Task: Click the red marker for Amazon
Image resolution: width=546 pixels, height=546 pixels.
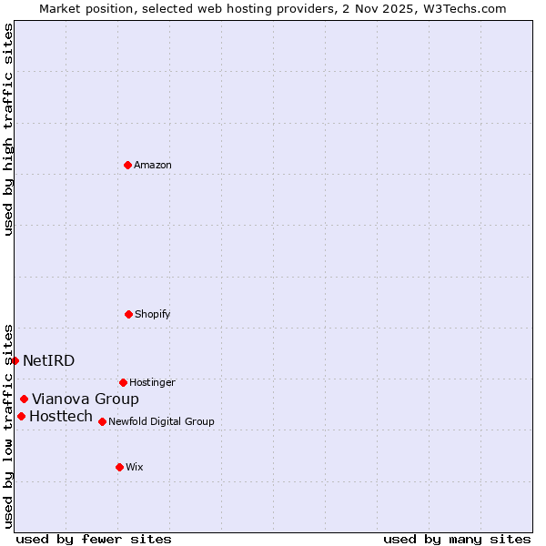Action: click(127, 165)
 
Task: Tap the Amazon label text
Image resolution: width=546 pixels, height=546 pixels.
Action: click(153, 166)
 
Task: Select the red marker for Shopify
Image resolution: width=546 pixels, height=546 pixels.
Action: click(128, 314)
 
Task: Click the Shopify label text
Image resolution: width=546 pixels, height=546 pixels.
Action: click(153, 315)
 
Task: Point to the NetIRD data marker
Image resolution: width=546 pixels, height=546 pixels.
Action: click(15, 360)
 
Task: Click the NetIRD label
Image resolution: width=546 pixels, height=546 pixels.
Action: click(49, 361)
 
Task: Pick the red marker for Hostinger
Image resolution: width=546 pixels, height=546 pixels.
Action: click(123, 382)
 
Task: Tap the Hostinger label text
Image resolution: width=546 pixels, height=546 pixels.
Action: click(152, 383)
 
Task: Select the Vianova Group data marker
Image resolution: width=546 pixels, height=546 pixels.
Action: click(24, 399)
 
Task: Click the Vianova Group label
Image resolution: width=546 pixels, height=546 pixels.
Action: click(86, 399)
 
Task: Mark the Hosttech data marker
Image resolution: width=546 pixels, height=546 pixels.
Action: click(21, 416)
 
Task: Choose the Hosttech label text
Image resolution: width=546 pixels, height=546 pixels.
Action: click(61, 417)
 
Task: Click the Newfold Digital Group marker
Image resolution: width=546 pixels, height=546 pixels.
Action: click(102, 421)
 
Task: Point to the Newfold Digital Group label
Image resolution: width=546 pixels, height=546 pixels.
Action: click(161, 422)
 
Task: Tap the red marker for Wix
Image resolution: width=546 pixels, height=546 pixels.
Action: click(119, 467)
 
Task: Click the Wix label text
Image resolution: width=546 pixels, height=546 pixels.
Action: click(135, 468)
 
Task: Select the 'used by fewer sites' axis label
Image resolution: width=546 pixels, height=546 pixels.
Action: click(94, 540)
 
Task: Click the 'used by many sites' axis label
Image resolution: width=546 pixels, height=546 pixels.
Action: click(457, 540)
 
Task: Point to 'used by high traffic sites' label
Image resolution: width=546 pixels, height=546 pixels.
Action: click(8, 129)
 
